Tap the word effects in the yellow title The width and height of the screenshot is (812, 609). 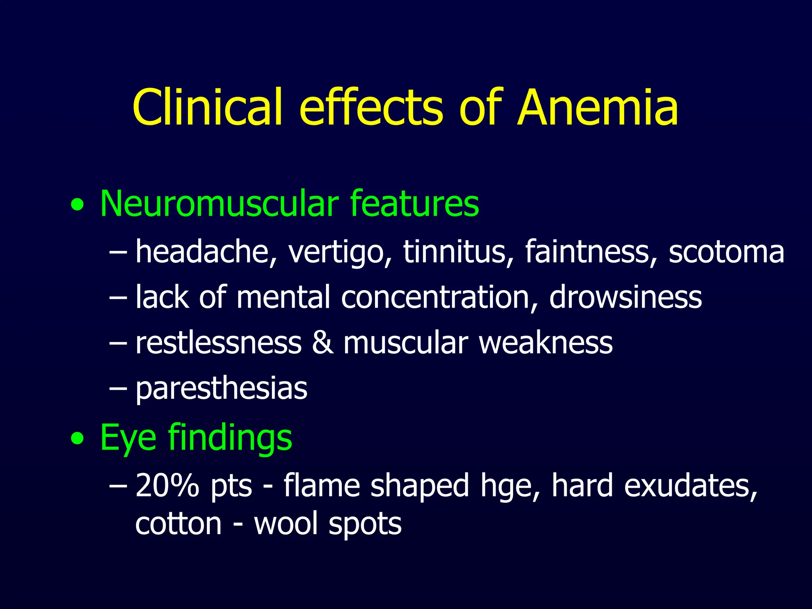click(x=371, y=108)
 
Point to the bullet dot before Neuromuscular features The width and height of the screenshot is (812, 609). click(x=77, y=205)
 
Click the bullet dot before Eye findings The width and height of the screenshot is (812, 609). click(x=77, y=439)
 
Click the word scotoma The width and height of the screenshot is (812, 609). click(x=726, y=252)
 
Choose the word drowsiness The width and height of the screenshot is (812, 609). click(x=626, y=297)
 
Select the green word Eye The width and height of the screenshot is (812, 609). click(x=128, y=438)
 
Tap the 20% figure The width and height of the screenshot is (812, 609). click(x=167, y=485)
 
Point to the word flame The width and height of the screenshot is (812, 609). click(x=322, y=485)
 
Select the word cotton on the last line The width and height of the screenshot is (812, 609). click(x=178, y=524)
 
